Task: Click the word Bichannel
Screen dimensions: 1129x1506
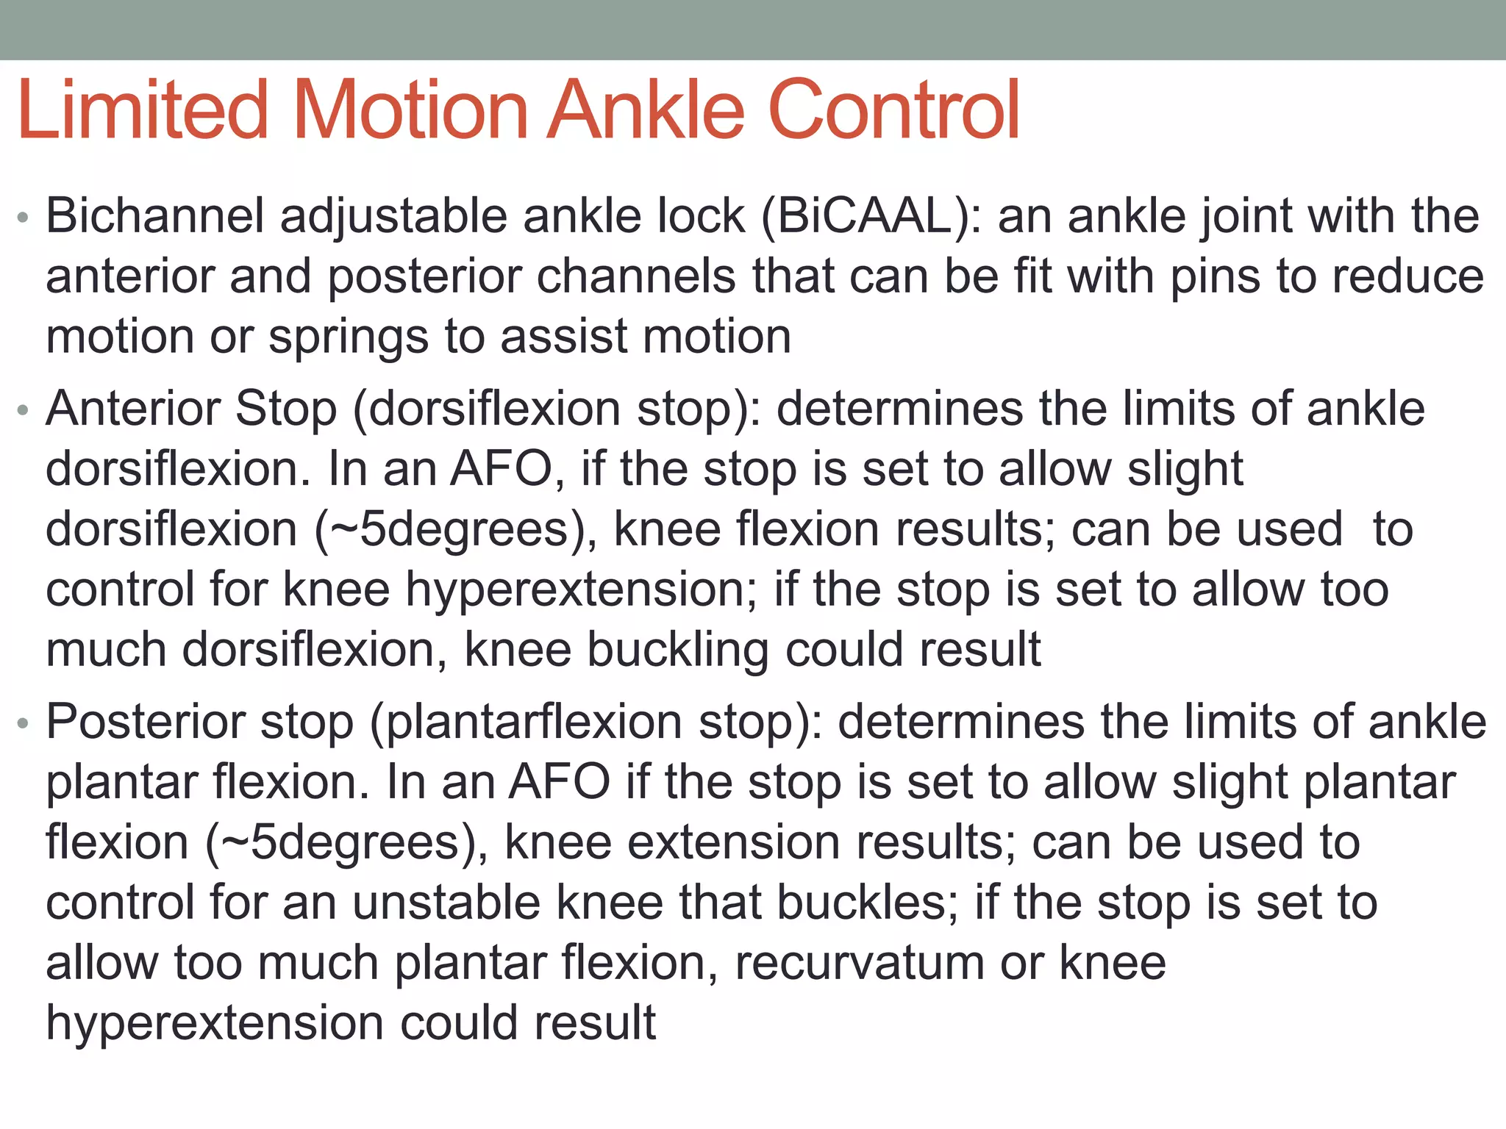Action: coord(155,217)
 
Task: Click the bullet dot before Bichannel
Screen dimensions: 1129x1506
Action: coord(24,218)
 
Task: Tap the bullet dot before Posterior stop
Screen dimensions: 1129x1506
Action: coord(24,724)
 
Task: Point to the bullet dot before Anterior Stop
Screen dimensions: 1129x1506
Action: coord(24,411)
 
